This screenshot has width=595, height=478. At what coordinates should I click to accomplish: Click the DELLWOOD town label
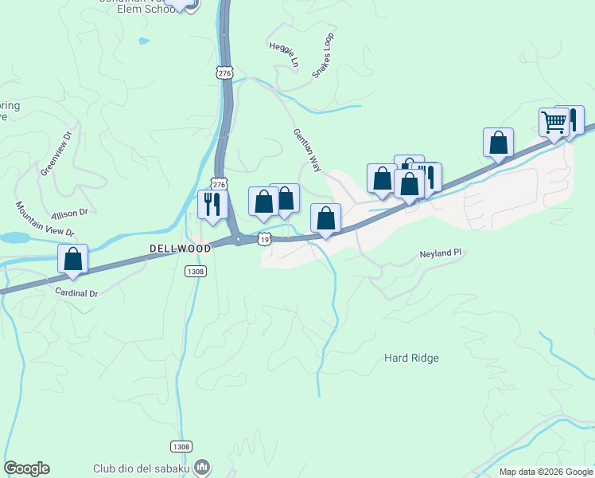pos(181,249)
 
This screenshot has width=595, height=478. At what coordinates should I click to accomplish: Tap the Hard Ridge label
pos(411,358)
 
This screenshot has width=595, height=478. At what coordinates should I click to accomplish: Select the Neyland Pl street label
pos(441,253)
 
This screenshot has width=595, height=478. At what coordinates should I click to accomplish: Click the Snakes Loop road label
pos(323,56)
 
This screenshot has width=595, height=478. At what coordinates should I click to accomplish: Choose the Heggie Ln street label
pos(284,53)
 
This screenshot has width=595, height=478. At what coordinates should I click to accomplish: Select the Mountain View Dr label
pos(44,219)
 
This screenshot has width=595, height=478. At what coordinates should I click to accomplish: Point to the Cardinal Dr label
pos(76,293)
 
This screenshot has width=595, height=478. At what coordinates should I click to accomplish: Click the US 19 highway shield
pos(265,238)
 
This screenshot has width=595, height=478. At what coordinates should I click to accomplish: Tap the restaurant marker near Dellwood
pos(212,205)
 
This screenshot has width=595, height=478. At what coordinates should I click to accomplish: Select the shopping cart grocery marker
pos(554,123)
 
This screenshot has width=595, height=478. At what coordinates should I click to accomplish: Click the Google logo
pos(26,468)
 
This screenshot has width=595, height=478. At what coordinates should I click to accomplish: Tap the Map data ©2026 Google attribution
pos(545,472)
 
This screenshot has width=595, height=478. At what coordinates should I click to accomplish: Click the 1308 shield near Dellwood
pos(196,272)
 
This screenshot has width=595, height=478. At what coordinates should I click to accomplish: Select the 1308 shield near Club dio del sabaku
pos(181,447)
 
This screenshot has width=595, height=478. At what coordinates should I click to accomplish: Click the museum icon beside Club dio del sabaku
pos(204,466)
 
